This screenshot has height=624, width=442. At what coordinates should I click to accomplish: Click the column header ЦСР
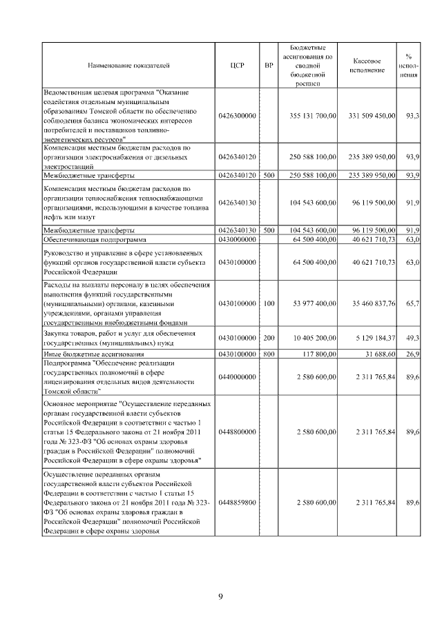point(233,66)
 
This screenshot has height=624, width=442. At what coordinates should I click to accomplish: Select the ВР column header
point(269,66)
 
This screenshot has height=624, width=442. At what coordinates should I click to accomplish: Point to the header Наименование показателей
point(128,66)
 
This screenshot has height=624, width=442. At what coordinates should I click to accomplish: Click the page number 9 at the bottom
point(220,596)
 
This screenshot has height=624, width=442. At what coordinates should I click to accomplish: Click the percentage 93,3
point(413,115)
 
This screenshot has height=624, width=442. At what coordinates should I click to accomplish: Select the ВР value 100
point(269,302)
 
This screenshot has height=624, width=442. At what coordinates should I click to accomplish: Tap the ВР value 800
point(269,353)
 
